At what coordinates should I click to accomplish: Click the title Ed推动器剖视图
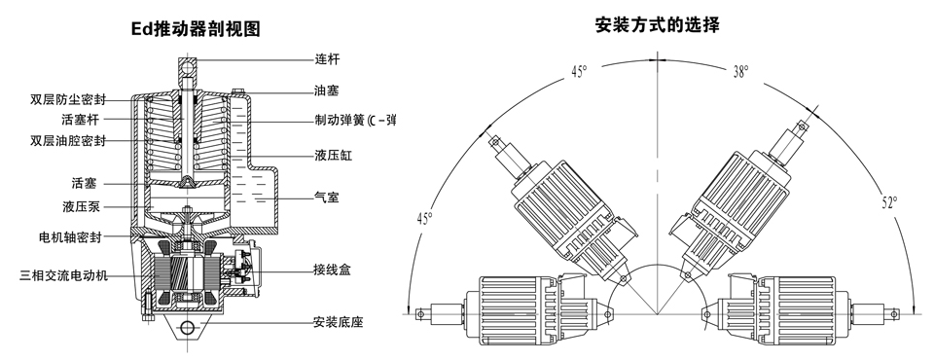click(x=196, y=28)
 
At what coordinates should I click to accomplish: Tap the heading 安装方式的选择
click(x=658, y=25)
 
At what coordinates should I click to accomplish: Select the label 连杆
click(x=327, y=59)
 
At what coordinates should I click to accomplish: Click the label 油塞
click(x=327, y=90)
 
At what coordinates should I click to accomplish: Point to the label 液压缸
click(x=334, y=156)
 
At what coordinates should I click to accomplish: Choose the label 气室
click(x=327, y=197)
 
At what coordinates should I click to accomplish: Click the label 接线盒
click(x=333, y=270)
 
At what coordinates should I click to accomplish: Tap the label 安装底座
click(x=338, y=322)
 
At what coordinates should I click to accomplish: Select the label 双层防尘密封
click(x=68, y=99)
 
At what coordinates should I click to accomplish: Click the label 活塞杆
click(x=81, y=120)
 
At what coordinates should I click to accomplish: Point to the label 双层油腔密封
click(x=68, y=141)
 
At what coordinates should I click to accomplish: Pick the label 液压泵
click(x=81, y=207)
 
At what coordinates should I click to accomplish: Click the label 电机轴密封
click(x=70, y=237)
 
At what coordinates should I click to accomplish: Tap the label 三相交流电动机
click(x=64, y=275)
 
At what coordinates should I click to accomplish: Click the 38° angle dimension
click(x=741, y=72)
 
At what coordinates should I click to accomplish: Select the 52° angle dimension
click(x=889, y=203)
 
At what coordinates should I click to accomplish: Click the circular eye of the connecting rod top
click(x=188, y=66)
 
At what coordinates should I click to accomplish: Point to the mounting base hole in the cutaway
click(x=188, y=327)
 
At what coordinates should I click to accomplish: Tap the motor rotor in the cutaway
click(x=187, y=275)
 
